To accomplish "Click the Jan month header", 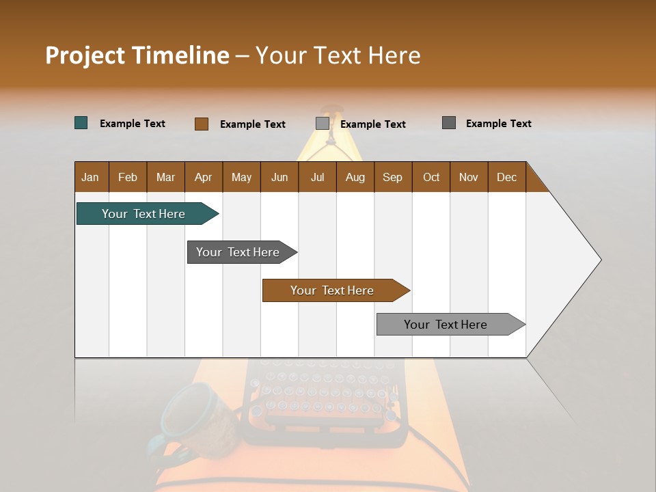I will click(91, 177).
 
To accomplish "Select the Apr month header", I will click(204, 177).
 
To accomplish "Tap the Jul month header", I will click(317, 177).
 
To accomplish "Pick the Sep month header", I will click(393, 177).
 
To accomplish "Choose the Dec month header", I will click(506, 177).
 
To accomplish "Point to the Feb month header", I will click(128, 177).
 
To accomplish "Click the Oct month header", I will click(431, 177).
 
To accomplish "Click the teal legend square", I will click(81, 123).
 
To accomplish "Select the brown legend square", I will click(202, 124).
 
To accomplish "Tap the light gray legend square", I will click(323, 124).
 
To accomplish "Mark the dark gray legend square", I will click(449, 123).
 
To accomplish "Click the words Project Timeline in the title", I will click(137, 55).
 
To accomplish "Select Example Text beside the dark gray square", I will click(498, 124).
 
